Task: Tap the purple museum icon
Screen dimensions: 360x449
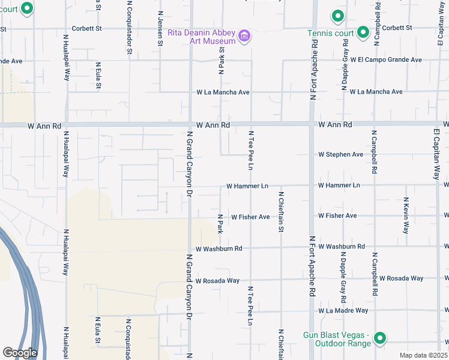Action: pyautogui.click(x=244, y=37)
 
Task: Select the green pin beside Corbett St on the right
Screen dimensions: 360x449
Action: pyautogui.click(x=363, y=32)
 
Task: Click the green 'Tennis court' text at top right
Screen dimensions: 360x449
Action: pyautogui.click(x=328, y=32)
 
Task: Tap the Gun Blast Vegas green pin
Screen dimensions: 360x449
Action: pyautogui.click(x=379, y=339)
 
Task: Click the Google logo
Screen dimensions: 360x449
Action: pyautogui.click(x=20, y=353)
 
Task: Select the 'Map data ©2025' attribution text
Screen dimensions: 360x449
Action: pyautogui.click(x=423, y=356)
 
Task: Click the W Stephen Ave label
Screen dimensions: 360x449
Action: pyautogui.click(x=340, y=154)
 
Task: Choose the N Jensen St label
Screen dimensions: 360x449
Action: pyautogui.click(x=160, y=28)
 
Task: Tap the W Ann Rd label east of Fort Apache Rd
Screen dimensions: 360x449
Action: pyautogui.click(x=335, y=124)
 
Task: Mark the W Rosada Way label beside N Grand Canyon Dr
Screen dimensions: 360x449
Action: pyautogui.click(x=217, y=280)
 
